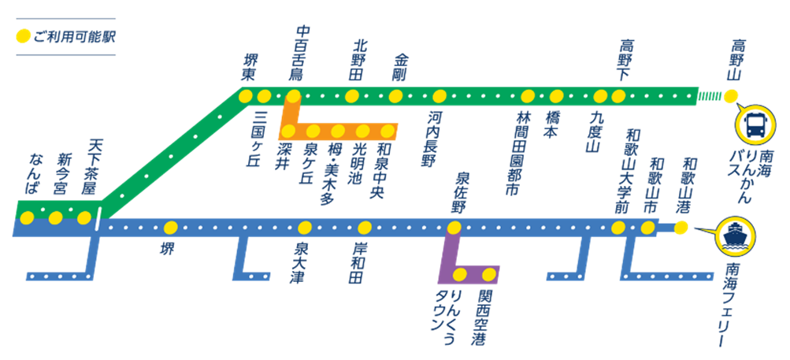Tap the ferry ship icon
tap(735, 236)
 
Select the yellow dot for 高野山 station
tap(731, 96)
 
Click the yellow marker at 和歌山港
tap(681, 228)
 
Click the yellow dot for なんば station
tap(27, 217)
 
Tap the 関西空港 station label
tap(479, 316)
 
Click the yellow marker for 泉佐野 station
tap(454, 228)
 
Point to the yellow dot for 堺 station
tap(170, 228)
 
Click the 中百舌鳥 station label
tap(302, 54)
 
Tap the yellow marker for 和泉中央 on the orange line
tap(388, 131)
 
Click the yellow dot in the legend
tap(24, 36)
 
